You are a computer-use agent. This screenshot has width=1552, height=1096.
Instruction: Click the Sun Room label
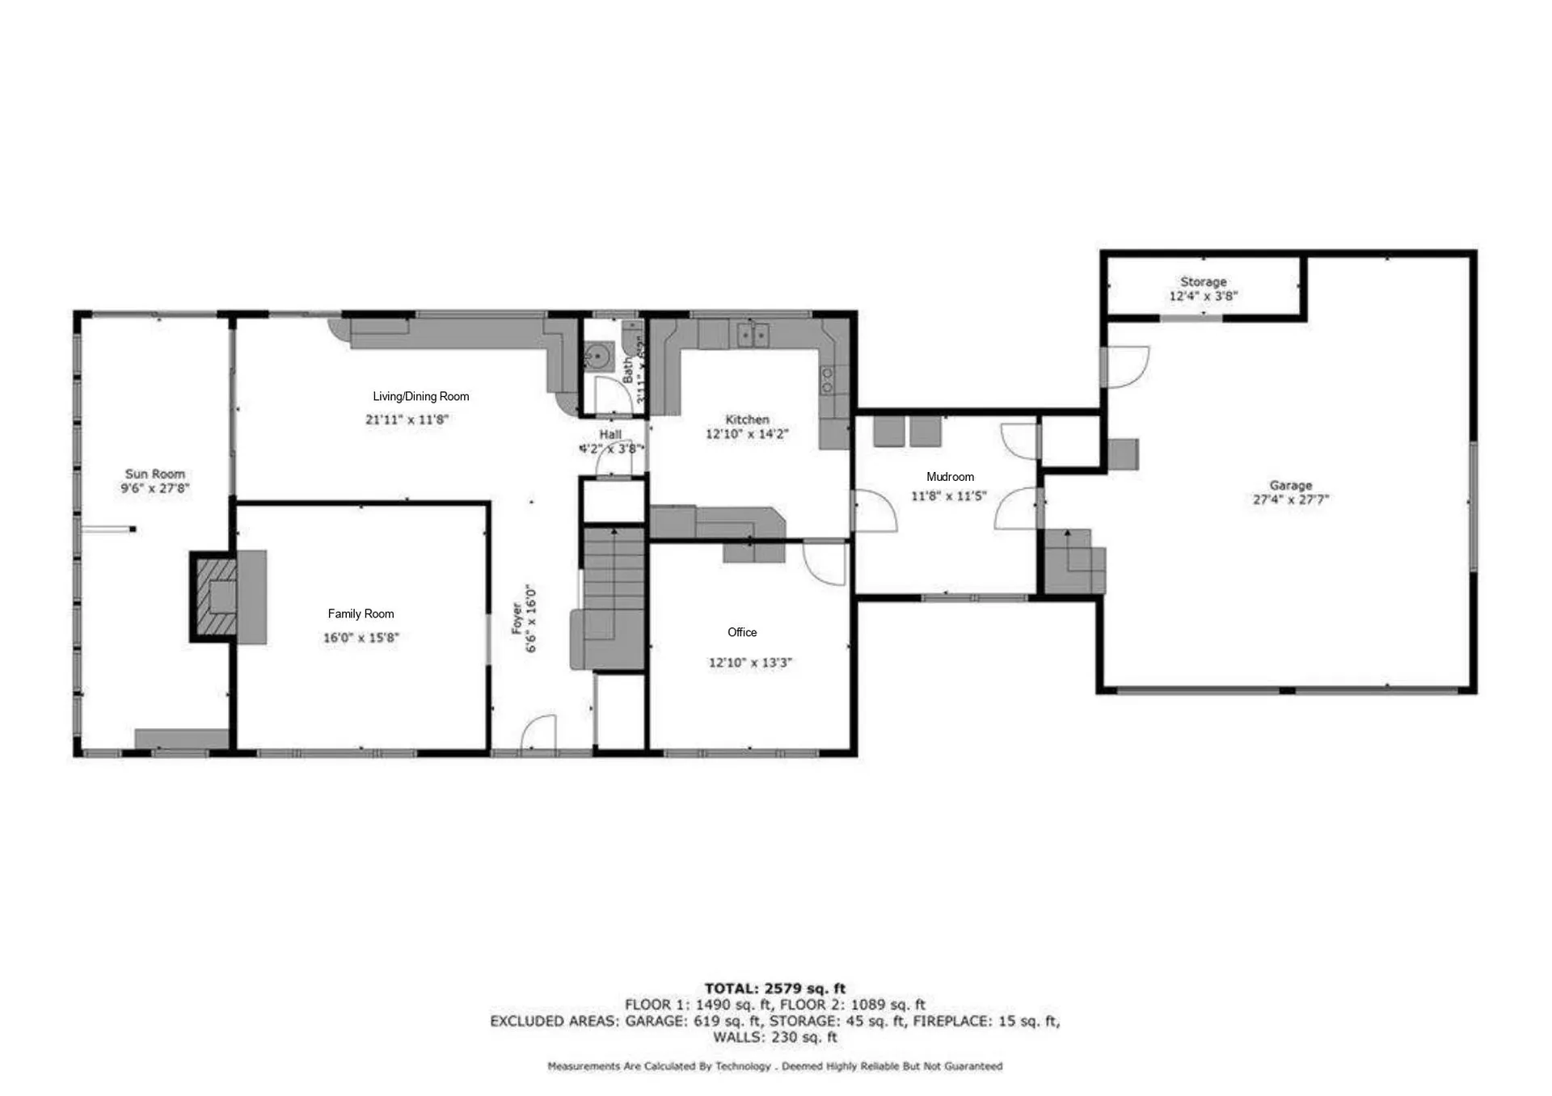[x=154, y=474]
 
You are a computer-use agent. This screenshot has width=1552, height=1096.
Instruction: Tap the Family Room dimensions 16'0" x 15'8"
[x=361, y=638]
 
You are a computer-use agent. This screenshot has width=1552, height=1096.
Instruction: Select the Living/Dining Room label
[x=420, y=396]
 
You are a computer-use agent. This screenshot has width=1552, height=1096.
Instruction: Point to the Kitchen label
[x=747, y=419]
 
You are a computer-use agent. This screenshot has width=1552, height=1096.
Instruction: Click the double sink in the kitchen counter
[x=753, y=334]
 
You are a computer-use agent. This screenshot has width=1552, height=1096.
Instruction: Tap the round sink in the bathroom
[x=598, y=356]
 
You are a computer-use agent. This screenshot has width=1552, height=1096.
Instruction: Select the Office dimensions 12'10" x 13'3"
[x=750, y=663]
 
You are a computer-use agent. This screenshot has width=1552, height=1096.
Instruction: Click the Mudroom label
[x=950, y=477]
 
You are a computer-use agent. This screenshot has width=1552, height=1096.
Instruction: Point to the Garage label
[x=1290, y=485]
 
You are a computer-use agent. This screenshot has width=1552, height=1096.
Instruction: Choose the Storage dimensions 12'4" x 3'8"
[x=1203, y=297]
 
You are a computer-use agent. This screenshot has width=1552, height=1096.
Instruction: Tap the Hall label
[x=610, y=434]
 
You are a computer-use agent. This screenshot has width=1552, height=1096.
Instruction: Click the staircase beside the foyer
[x=614, y=582]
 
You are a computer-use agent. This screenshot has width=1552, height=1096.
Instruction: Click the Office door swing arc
[x=824, y=563]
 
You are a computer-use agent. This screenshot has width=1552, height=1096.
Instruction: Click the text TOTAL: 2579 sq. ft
[x=774, y=988]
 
